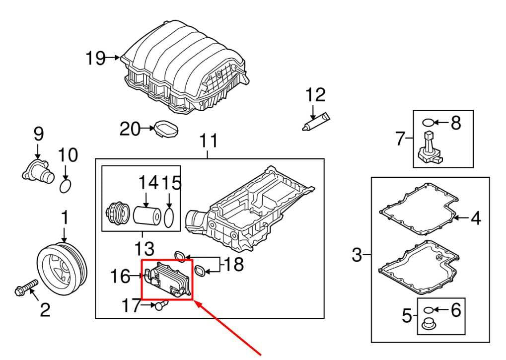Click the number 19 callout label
coord(95,59)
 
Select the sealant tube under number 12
coord(316,121)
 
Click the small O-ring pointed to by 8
coord(428,123)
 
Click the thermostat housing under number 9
coord(38,170)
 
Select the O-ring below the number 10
coord(66,186)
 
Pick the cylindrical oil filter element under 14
coord(147,215)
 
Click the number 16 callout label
coord(120,277)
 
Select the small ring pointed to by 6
coord(428,310)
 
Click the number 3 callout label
coord(357,255)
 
